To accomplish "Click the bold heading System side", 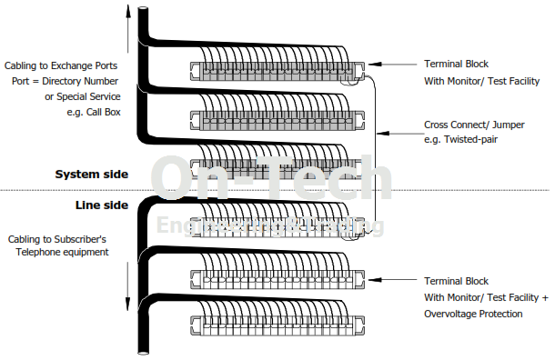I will [92, 174].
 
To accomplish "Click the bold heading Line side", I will [101, 205].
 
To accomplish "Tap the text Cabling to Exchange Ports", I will [73, 66].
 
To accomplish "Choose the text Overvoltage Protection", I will [473, 313].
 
